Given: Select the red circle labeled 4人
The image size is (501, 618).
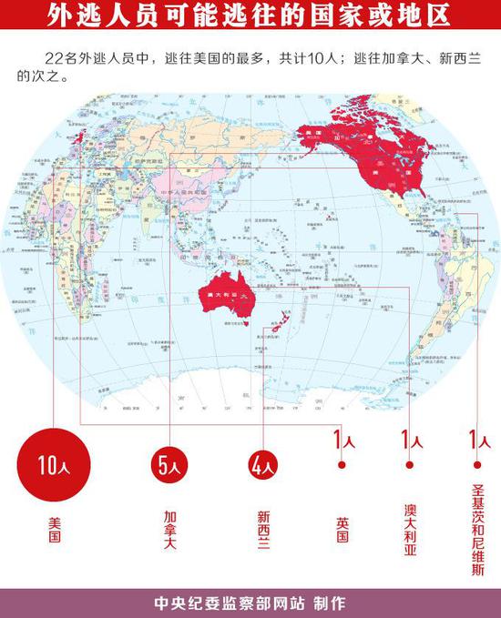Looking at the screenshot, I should (x=262, y=466).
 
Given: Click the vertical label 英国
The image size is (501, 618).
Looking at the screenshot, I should (x=342, y=529).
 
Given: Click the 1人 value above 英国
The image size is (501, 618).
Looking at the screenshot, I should (x=342, y=441).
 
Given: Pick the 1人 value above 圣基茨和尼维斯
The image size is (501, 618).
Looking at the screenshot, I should (x=474, y=441).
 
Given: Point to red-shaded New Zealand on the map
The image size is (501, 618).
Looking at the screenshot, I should (x=283, y=323).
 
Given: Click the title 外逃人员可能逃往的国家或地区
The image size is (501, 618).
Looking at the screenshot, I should (x=250, y=16).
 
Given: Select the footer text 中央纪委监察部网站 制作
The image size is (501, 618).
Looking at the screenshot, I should (x=250, y=603).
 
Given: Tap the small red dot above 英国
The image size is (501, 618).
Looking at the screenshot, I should (x=342, y=464).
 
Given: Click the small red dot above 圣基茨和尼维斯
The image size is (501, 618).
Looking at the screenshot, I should (x=474, y=464).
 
